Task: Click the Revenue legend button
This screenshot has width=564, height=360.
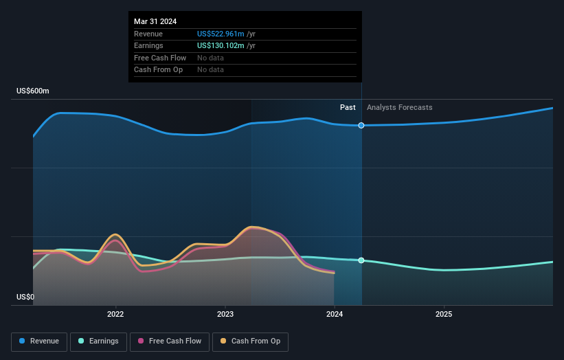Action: [40, 341]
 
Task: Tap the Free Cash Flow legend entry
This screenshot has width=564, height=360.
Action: [169, 341]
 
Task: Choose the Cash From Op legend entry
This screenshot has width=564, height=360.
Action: [250, 341]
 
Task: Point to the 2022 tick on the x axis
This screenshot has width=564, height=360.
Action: [115, 315]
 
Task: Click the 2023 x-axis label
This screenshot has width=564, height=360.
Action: [225, 315]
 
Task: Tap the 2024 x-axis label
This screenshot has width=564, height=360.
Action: [335, 315]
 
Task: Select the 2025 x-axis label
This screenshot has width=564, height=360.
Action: [444, 315]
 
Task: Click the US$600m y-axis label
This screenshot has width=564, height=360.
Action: [33, 91]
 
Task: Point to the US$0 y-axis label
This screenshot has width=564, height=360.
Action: [25, 297]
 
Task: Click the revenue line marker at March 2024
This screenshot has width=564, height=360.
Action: [361, 125]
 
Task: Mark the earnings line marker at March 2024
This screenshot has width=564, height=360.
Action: [361, 260]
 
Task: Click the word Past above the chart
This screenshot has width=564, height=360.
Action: [348, 108]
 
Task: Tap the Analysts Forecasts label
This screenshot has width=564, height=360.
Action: [400, 108]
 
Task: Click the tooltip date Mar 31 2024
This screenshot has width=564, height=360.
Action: [155, 21]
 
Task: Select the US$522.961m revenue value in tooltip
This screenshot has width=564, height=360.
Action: [221, 34]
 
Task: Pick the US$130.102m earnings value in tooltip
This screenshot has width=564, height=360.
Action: [221, 46]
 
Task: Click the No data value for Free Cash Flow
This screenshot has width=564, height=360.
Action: [210, 58]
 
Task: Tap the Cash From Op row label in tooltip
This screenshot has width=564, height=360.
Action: [159, 70]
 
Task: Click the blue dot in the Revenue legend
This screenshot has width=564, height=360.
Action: [23, 341]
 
